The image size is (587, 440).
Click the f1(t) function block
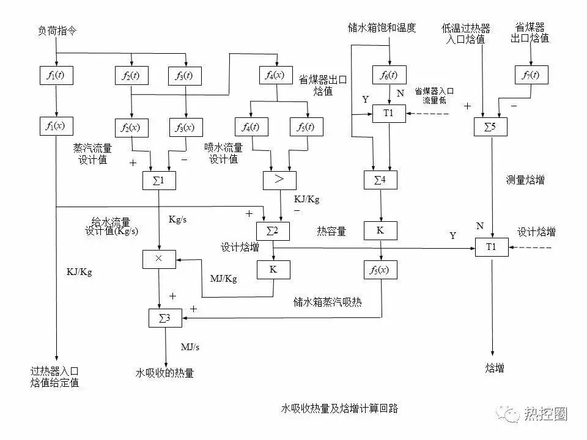(x=56, y=76)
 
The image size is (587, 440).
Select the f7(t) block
(x=531, y=75)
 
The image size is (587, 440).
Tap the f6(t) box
(x=389, y=75)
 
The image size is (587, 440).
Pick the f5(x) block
(x=381, y=269)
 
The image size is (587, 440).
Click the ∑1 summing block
(x=159, y=180)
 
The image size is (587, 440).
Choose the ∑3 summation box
(x=164, y=317)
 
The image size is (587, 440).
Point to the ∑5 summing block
(x=492, y=127)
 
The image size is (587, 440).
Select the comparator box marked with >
(x=279, y=180)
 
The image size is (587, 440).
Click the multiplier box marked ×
(x=159, y=258)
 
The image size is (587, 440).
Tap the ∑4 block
(x=381, y=180)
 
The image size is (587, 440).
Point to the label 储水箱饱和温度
(x=382, y=28)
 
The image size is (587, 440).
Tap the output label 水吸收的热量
(x=164, y=373)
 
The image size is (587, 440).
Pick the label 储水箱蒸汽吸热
(x=328, y=302)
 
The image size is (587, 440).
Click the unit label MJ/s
(x=190, y=346)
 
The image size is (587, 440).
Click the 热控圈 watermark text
(x=545, y=414)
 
